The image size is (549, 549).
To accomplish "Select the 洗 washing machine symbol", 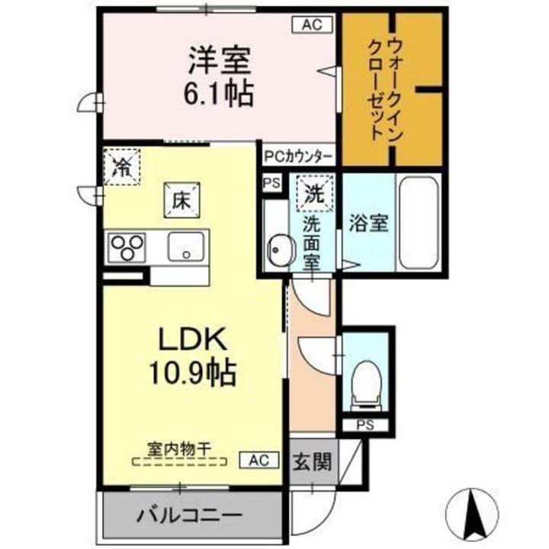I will [314, 194].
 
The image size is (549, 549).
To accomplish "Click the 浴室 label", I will [368, 224].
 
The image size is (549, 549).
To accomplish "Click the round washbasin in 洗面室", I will [279, 249].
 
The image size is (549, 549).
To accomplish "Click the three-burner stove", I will [127, 246].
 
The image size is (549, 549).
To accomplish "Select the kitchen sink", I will [185, 246].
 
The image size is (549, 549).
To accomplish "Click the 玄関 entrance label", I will [313, 461].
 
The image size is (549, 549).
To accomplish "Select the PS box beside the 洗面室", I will [271, 184].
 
